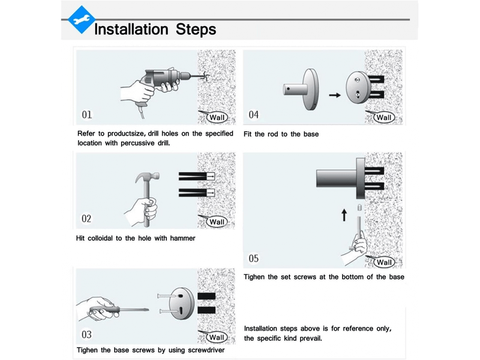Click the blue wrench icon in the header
click(x=81, y=20)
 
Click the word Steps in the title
click(x=196, y=29)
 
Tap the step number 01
click(x=87, y=115)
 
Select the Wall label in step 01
click(x=217, y=117)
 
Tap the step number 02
click(x=86, y=218)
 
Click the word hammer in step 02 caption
click(x=182, y=238)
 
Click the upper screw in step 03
click(x=167, y=296)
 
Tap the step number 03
click(x=86, y=334)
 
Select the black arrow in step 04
click(x=335, y=95)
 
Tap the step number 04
click(x=254, y=115)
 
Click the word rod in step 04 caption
click(x=273, y=134)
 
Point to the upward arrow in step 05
click(x=344, y=215)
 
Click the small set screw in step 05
click(x=359, y=208)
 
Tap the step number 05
click(x=254, y=259)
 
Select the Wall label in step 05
click(x=384, y=262)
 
